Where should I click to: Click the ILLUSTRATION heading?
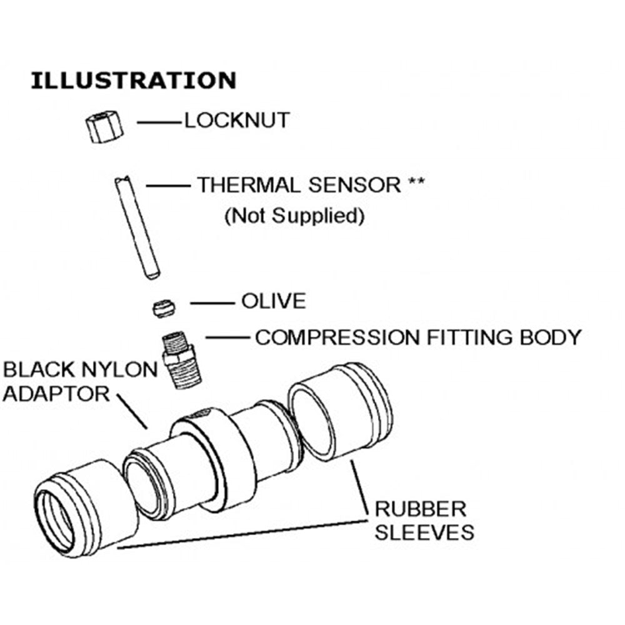tap(134, 81)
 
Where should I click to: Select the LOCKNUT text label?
tap(237, 120)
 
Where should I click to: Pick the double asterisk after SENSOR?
tap(417, 184)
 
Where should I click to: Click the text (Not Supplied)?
tap(294, 216)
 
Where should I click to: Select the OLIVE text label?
tap(274, 301)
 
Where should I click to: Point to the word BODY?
tap(550, 337)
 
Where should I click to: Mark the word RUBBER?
tap(420, 508)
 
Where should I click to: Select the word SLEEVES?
tap(424, 532)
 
